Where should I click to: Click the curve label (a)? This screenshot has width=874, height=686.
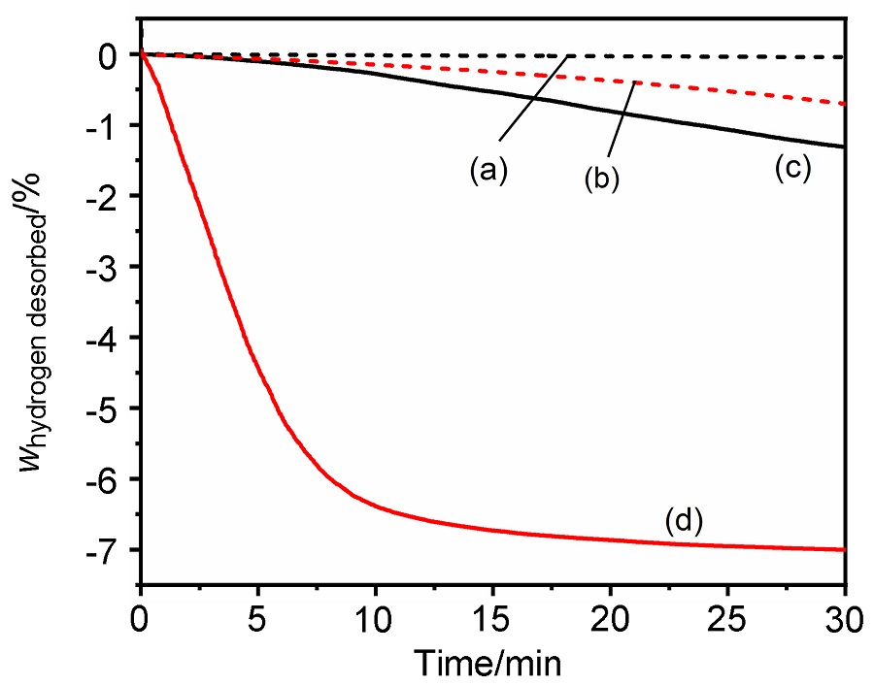[x=487, y=171]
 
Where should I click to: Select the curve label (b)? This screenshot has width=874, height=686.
[x=601, y=179]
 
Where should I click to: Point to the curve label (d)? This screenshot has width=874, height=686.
[x=683, y=521]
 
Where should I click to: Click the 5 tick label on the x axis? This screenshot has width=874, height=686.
[x=257, y=617]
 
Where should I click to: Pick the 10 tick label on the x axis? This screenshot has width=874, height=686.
[x=375, y=617]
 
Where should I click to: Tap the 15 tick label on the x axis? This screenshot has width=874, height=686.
[x=492, y=617]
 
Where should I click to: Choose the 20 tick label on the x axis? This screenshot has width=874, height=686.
[x=610, y=617]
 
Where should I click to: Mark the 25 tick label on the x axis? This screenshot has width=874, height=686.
[x=727, y=617]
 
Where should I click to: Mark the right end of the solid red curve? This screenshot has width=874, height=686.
[x=844, y=549]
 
